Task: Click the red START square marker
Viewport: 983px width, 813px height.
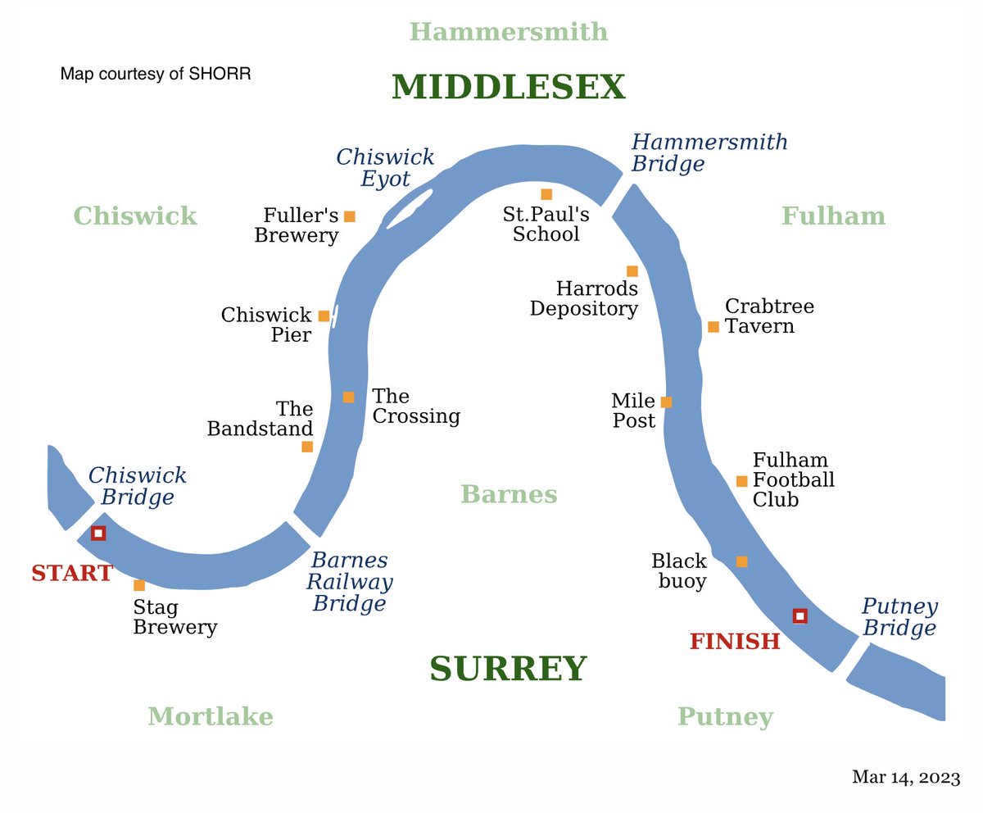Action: click(98, 534)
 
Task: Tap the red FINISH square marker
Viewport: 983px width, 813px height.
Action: click(800, 615)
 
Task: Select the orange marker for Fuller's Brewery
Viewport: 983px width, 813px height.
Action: click(350, 216)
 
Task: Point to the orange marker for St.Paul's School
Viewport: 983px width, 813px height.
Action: click(546, 194)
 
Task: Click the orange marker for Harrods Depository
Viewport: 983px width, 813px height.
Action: click(632, 271)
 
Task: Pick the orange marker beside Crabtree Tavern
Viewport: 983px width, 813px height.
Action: click(713, 327)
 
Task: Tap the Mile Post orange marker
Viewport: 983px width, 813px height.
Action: click(666, 402)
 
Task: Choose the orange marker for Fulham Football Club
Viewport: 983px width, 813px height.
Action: click(741, 481)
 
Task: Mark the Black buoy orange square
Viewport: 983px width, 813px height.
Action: click(741, 561)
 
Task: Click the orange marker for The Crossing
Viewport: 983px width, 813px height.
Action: click(349, 397)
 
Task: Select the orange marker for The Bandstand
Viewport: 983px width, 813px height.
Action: click(307, 447)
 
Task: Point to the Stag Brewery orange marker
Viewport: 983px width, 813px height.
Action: click(139, 585)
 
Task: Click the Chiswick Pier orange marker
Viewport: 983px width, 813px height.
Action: click(324, 316)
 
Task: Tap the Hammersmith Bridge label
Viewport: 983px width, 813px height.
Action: click(709, 152)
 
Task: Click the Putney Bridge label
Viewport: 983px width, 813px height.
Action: click(899, 618)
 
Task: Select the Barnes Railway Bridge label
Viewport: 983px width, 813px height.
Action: click(350, 583)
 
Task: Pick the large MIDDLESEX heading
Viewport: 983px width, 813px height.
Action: click(508, 88)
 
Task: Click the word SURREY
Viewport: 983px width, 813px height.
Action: click(508, 670)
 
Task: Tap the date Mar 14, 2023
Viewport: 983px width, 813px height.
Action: click(905, 777)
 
